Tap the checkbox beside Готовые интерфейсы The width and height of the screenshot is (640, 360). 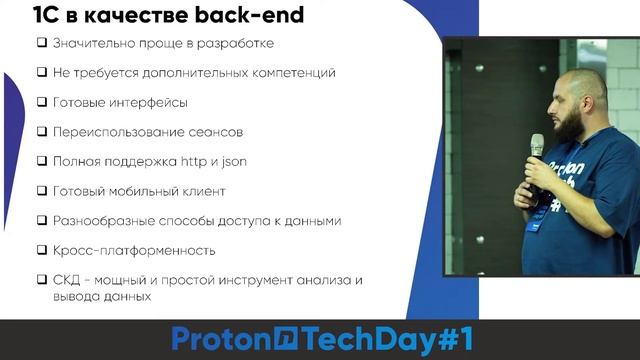coord(42,102)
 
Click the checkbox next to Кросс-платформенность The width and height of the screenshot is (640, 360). coord(42,250)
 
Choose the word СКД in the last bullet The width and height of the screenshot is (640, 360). coord(69,280)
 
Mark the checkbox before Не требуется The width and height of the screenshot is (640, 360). coord(42,73)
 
